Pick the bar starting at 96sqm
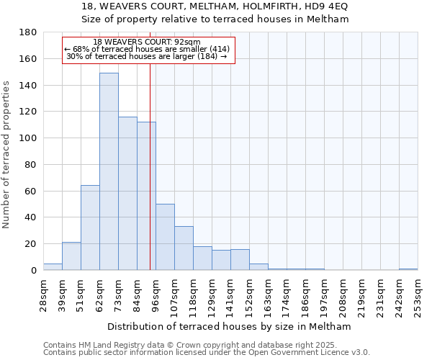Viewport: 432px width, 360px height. click(x=165, y=237)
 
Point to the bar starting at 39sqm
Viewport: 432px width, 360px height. click(x=71, y=256)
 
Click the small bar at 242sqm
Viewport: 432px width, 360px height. click(x=408, y=269)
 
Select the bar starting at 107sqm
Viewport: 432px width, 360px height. click(x=184, y=248)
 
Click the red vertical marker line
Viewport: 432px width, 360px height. click(x=150, y=180)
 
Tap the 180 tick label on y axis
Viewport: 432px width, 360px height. click(x=28, y=32)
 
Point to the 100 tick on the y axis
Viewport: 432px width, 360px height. click(x=28, y=138)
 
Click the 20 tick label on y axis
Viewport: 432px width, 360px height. click(x=31, y=244)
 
